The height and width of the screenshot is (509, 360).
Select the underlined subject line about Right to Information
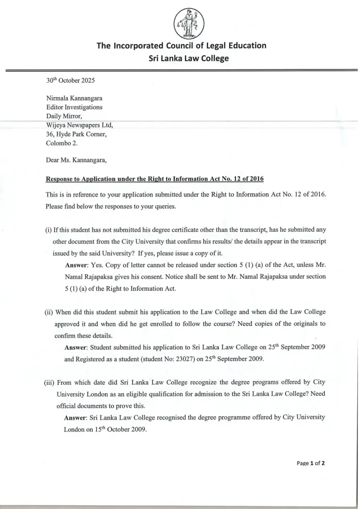[x=155, y=179]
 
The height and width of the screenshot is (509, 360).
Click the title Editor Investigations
[x=74, y=108]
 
